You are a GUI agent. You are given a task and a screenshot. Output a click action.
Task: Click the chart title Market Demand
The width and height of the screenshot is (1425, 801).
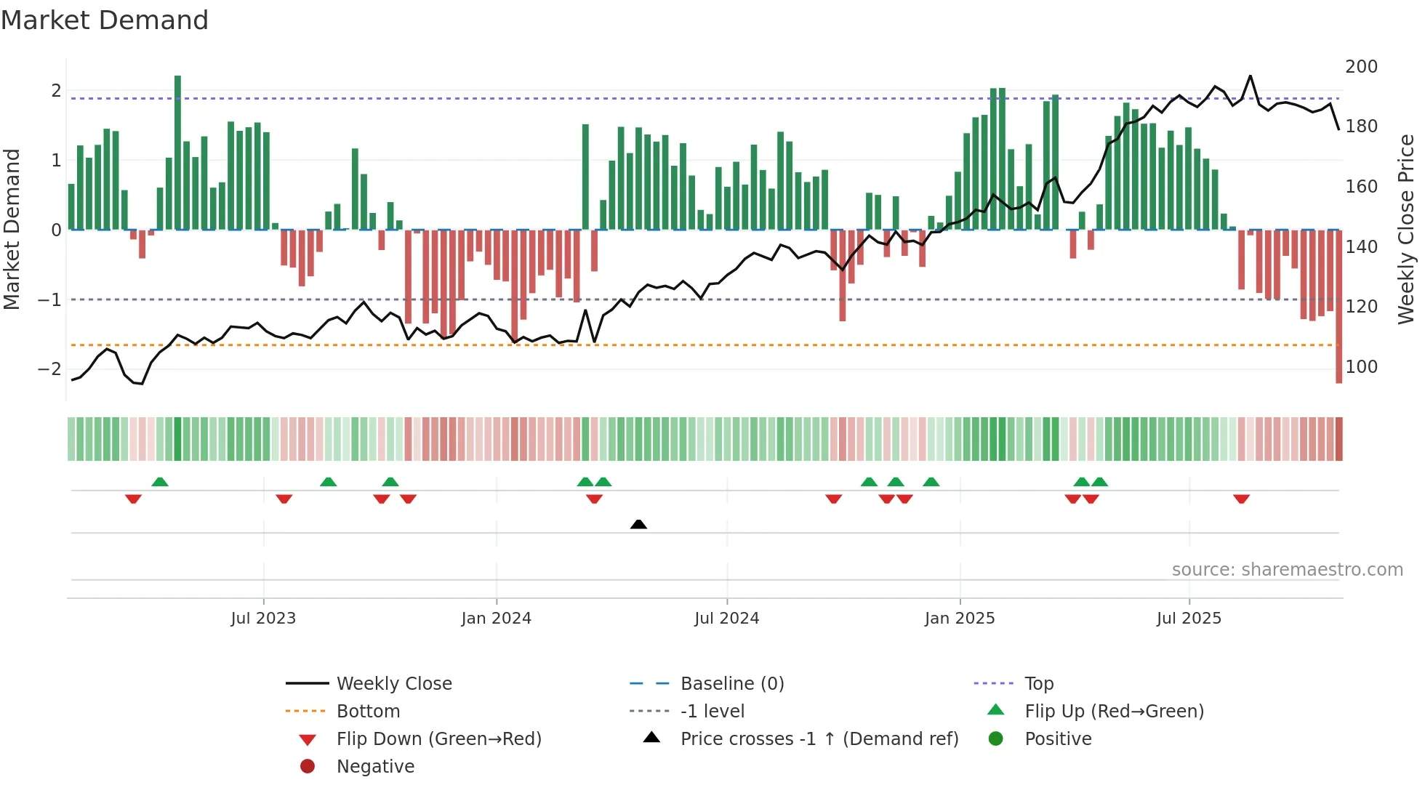pyautogui.click(x=105, y=20)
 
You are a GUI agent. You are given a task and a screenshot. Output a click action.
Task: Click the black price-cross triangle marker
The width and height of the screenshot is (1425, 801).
pyautogui.click(x=638, y=524)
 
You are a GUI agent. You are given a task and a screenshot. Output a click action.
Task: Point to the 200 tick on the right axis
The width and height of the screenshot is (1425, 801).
pyautogui.click(x=1361, y=67)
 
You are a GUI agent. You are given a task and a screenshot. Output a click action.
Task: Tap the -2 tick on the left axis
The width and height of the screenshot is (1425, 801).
pyautogui.click(x=49, y=369)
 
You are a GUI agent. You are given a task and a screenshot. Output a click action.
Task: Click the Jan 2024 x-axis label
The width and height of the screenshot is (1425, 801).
pyautogui.click(x=496, y=619)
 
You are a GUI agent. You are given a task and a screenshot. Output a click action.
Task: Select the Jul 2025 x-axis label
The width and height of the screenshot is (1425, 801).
pyautogui.click(x=1189, y=619)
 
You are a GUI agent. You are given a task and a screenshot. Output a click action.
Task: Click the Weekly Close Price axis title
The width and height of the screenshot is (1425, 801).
pyautogui.click(x=1406, y=229)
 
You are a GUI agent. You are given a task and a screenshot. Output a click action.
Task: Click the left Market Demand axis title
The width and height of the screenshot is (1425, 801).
pyautogui.click(x=12, y=229)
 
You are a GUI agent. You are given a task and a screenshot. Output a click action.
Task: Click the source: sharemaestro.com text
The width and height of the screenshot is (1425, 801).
pyautogui.click(x=1287, y=570)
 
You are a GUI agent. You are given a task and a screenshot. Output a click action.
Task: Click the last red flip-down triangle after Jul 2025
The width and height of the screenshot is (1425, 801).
pyautogui.click(x=1241, y=499)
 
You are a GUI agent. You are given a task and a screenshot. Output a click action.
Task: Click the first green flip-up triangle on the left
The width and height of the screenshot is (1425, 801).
pyautogui.click(x=160, y=482)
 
